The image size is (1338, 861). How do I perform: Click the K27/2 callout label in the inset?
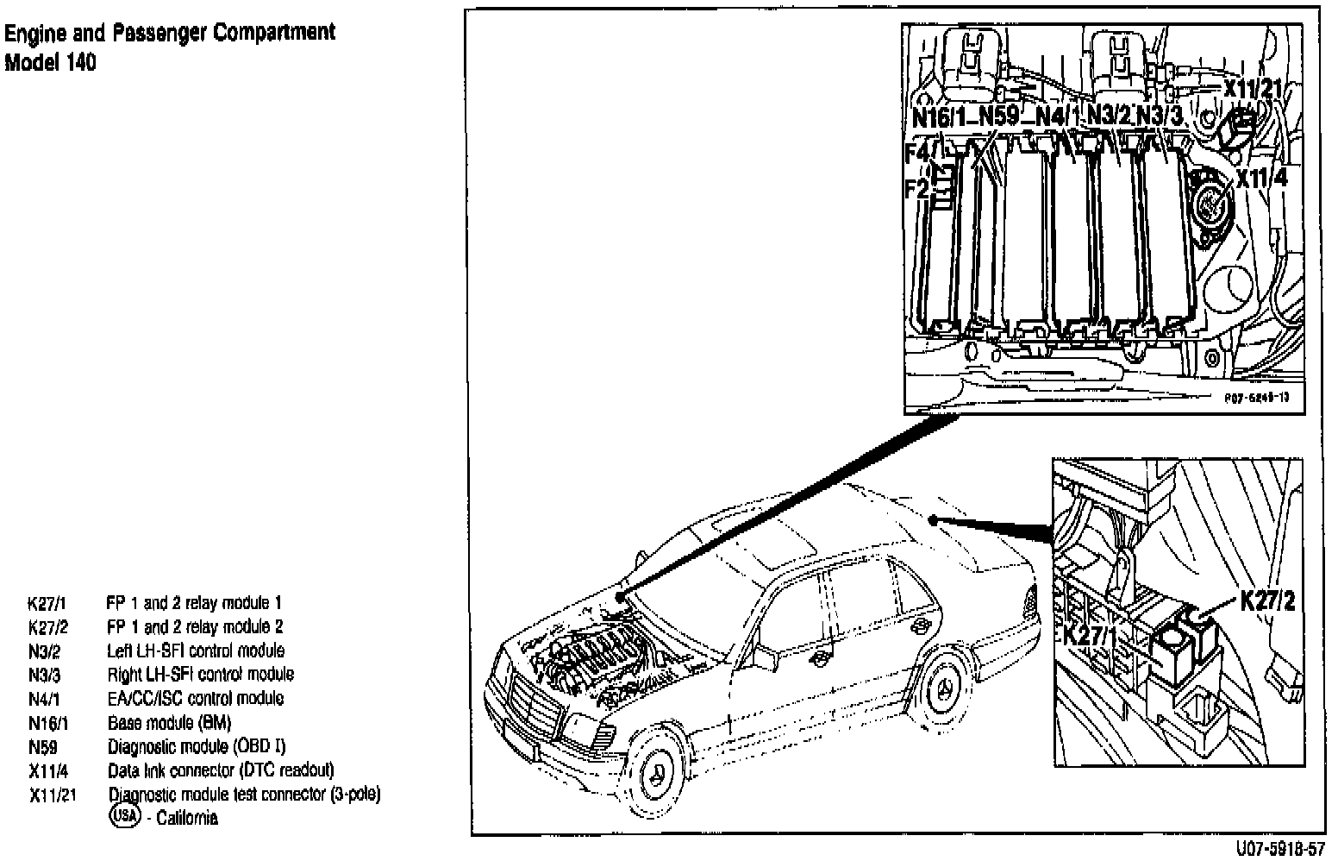pos(1267,601)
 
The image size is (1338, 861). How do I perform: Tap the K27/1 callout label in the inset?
pos(1090,636)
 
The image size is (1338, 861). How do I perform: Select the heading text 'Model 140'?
pos(51,63)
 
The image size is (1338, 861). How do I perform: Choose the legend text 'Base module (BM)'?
pos(169,722)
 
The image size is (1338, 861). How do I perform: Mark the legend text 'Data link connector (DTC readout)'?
pos(221,770)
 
